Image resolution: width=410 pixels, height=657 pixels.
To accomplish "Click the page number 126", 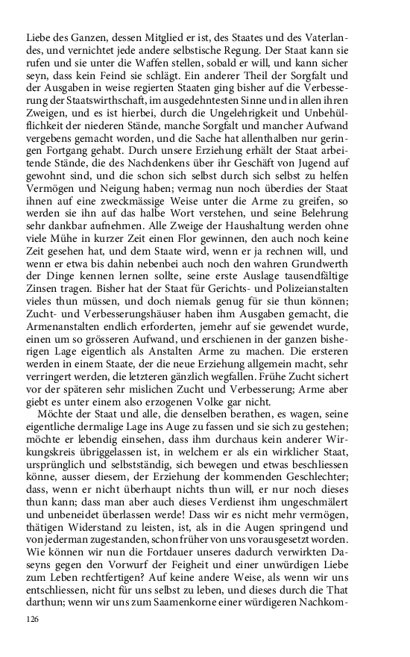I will click(x=32, y=620).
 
